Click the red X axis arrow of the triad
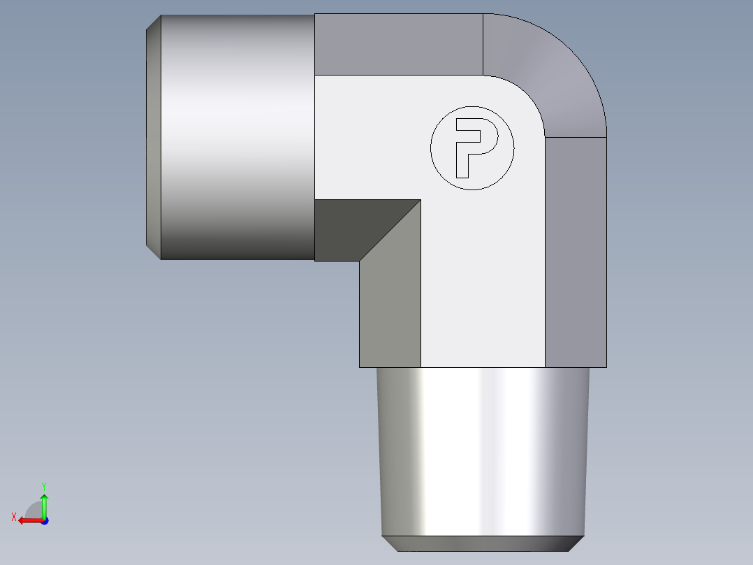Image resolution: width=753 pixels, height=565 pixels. click(x=28, y=520)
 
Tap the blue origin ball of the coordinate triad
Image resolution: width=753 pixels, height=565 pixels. click(x=44, y=520)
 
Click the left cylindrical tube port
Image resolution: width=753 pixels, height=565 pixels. click(x=237, y=136)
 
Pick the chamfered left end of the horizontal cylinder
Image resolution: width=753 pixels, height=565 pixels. click(x=154, y=136)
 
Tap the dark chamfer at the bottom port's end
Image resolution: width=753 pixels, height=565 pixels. click(x=482, y=543)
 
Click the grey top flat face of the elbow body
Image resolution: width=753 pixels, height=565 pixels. click(x=398, y=44)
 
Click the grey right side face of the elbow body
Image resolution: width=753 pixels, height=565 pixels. click(x=576, y=252)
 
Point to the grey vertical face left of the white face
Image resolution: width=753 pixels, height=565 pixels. click(x=390, y=308)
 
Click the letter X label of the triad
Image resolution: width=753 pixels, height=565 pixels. click(x=14, y=517)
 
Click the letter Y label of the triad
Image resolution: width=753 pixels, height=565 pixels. click(x=43, y=485)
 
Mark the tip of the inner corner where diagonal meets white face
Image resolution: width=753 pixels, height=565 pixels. click(x=421, y=201)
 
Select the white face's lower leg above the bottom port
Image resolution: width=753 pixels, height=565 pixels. click(x=482, y=308)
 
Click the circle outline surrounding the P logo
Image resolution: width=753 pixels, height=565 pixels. click(x=431, y=148)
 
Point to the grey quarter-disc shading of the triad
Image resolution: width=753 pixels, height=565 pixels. click(x=34, y=510)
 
